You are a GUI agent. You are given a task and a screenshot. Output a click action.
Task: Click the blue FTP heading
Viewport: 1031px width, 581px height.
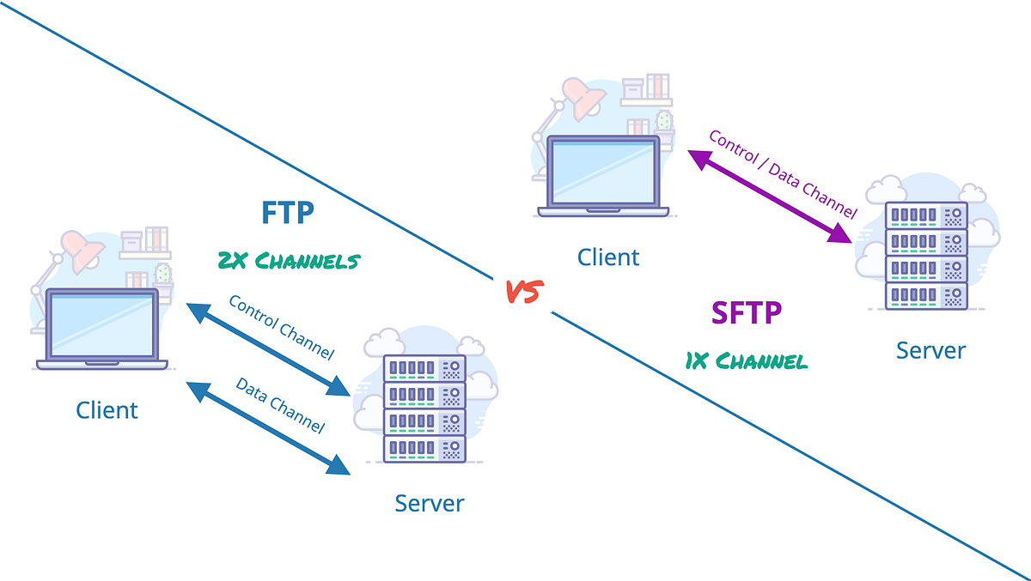pos(288,212)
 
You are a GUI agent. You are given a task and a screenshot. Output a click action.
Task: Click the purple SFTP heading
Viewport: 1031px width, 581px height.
pos(746,312)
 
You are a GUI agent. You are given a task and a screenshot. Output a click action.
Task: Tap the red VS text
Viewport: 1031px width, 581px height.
pos(522,292)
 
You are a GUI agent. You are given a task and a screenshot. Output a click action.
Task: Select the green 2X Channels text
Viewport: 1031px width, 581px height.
pos(288,260)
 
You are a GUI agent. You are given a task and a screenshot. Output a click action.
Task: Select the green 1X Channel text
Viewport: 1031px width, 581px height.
pos(746,360)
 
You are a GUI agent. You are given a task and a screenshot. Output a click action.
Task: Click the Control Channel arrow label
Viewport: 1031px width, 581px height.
pos(281,327)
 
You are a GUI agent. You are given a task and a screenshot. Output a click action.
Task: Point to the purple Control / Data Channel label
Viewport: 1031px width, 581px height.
pos(782,173)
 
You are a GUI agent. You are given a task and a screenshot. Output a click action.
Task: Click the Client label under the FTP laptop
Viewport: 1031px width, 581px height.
pos(107,409)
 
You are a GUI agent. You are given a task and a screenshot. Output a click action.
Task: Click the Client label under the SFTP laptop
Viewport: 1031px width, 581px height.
pos(608,257)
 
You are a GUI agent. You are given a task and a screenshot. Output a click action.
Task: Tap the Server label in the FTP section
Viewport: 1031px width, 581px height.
pos(429,502)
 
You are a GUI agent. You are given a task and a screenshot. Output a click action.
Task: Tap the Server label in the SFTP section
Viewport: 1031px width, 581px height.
pos(930,350)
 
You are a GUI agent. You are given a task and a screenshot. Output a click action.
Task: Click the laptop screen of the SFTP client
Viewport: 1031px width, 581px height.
pos(604,171)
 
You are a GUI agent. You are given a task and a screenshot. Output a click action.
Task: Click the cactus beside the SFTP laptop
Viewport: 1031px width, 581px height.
pos(664,119)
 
